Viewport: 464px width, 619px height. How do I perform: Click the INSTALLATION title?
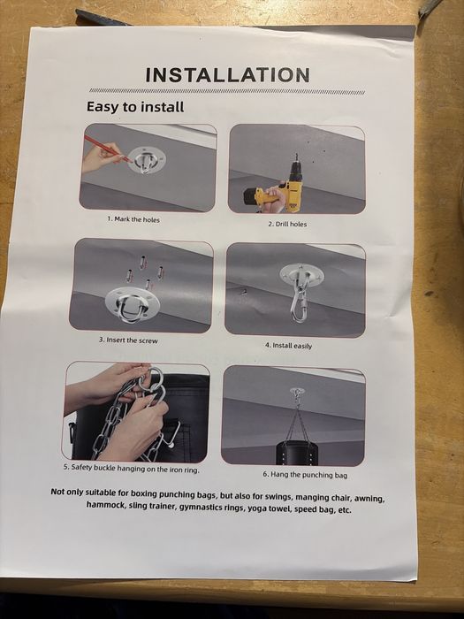[x=228, y=75]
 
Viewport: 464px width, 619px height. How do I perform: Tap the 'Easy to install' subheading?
[x=135, y=107]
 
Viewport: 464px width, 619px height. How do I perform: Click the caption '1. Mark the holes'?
[x=133, y=219]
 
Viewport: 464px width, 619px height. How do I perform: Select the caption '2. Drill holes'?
[x=287, y=224]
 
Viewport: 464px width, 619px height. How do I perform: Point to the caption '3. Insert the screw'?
[x=128, y=340]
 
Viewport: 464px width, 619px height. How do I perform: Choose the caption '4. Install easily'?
[x=288, y=346]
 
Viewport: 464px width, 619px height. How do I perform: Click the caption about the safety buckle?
[x=132, y=468]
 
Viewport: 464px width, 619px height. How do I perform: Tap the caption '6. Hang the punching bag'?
[x=306, y=475]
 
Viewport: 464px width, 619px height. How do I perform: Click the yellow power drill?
[x=275, y=187]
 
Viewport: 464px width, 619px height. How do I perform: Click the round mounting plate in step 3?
[x=133, y=305]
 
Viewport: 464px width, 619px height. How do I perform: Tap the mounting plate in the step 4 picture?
[x=299, y=273]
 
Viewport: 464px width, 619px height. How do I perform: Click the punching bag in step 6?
[x=296, y=453]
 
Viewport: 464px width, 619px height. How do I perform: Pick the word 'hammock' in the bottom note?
[x=105, y=505]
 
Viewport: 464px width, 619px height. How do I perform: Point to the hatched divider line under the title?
[x=227, y=92]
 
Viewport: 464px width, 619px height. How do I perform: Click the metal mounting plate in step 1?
[x=147, y=159]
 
